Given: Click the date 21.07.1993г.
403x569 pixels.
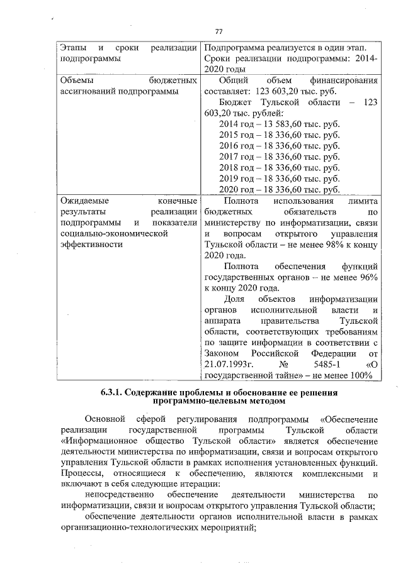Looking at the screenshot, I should (229, 365).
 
